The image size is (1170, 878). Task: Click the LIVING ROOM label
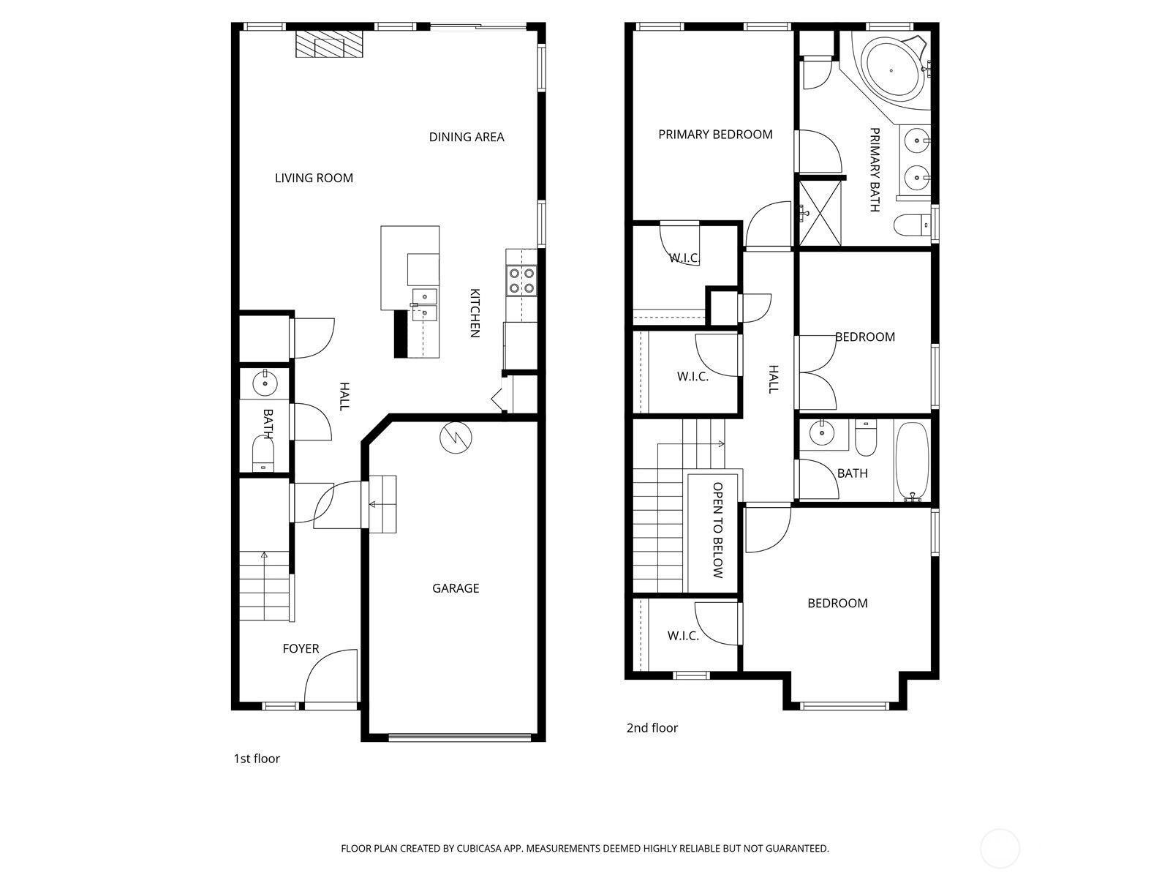(314, 178)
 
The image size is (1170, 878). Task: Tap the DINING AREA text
(467, 137)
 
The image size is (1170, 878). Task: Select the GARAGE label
(456, 588)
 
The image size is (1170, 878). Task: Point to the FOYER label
(301, 648)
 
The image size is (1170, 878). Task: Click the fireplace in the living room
(329, 44)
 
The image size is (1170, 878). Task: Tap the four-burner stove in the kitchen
(521, 281)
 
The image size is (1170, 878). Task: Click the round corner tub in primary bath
(893, 70)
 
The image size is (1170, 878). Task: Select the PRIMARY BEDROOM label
(715, 135)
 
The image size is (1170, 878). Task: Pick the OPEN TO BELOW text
(717, 530)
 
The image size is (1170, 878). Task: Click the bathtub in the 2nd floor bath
(912, 460)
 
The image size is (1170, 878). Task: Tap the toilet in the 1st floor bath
(263, 453)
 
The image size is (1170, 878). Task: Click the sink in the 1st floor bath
(265, 383)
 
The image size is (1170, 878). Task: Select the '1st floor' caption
(257, 759)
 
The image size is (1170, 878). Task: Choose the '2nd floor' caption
(652, 728)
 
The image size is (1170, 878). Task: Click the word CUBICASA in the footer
(479, 848)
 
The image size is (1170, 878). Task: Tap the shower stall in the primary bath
(819, 213)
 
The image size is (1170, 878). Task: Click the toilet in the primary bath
(913, 225)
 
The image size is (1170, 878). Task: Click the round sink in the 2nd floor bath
(822, 432)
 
